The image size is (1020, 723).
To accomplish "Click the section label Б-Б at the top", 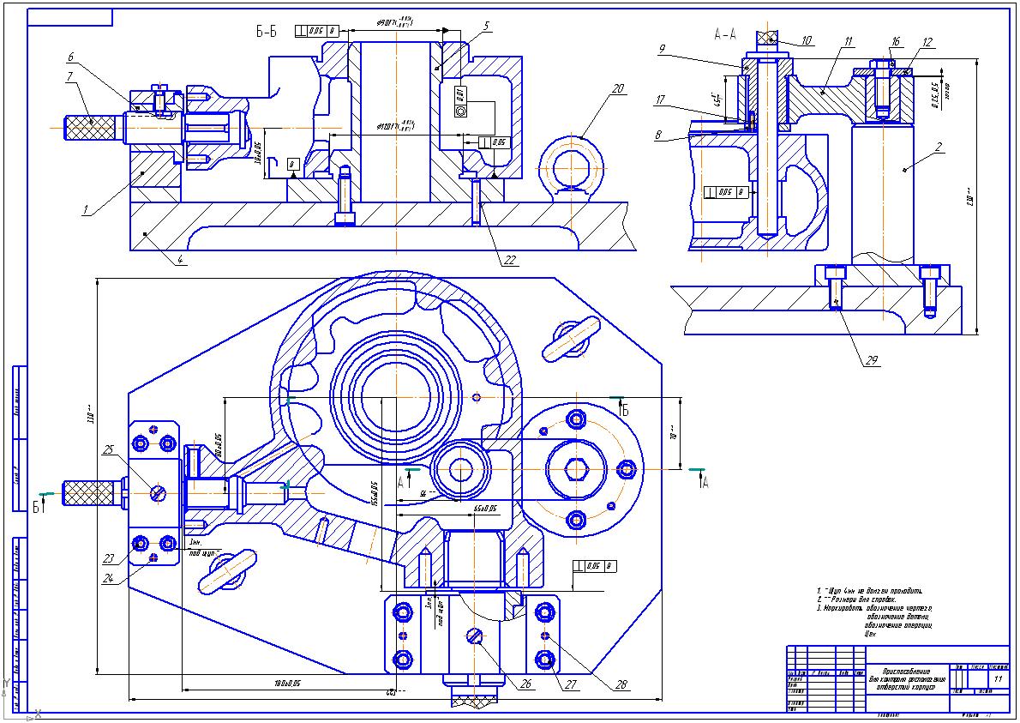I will [267, 33].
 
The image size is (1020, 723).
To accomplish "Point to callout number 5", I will [485, 26].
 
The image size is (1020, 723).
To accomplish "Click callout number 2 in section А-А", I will [938, 147].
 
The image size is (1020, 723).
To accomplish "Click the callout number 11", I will [847, 41].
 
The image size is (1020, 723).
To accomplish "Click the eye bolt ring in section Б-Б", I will [570, 162].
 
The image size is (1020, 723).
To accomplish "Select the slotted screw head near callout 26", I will [476, 636].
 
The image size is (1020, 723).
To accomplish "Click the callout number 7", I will [69, 75].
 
